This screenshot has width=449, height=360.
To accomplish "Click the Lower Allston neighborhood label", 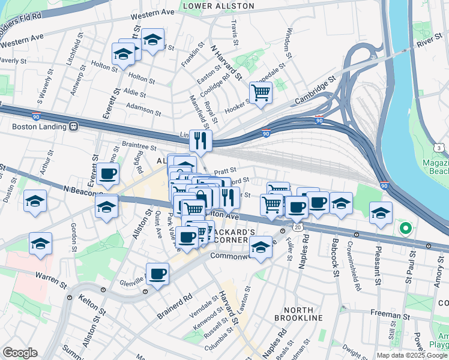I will coord(218,6).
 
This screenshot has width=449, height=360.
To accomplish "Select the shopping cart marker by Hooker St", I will coord(261,93).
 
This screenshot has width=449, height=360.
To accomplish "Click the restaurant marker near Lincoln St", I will coord(200,141).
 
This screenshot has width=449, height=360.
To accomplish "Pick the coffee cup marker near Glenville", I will coord(157,274).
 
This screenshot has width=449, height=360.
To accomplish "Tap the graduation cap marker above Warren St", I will coord(40,244).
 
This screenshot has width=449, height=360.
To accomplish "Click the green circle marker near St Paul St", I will coord(405,228).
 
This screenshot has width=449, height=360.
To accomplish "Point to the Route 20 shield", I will coord(298,227).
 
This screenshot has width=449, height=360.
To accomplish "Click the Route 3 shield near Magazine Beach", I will coord(440,148).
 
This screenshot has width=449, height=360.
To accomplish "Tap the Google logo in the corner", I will coord(20,353).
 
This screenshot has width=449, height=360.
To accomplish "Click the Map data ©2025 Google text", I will coord(412,355).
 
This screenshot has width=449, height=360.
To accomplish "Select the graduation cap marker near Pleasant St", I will coord(381,213).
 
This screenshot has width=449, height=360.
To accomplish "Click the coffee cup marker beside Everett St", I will coord(108,175).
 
